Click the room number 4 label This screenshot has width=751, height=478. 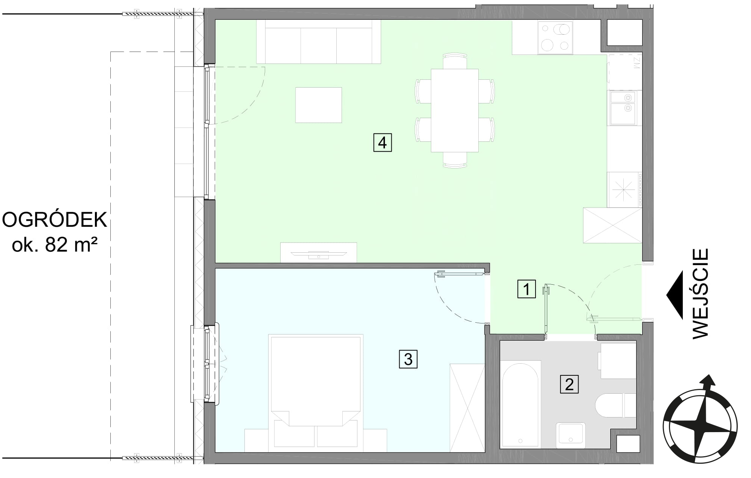point(382,143)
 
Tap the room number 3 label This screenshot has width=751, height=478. point(408,359)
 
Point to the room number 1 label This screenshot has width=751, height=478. point(527,289)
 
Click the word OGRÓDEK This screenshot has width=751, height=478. point(55,220)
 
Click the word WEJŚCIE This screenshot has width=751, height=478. point(700,293)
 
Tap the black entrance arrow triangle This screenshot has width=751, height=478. point(675,295)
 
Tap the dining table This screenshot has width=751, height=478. point(455,110)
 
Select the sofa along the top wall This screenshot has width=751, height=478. point(318,42)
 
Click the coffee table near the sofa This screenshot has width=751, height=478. point(319,105)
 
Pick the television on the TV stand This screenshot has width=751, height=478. point(319,253)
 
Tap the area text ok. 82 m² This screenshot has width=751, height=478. point(55,245)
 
